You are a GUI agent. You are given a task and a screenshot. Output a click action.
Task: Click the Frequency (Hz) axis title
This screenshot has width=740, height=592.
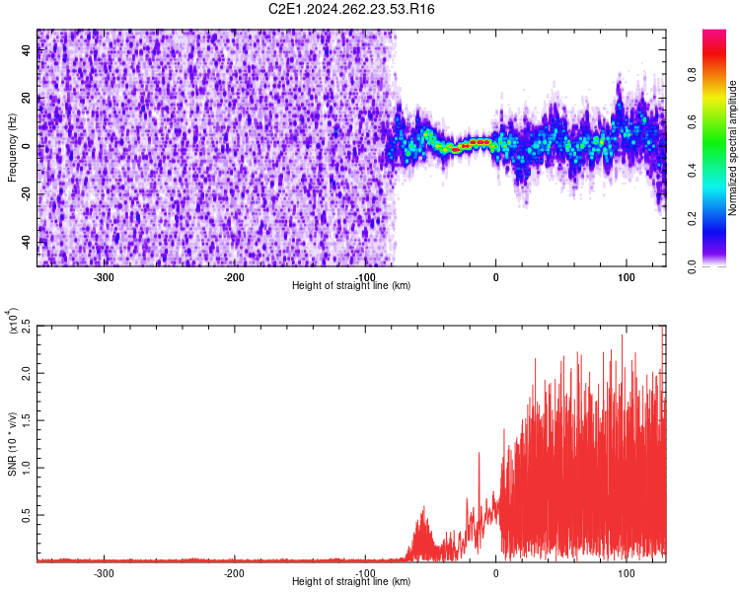12,147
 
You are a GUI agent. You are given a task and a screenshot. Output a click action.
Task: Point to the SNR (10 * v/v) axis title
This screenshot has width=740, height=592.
12,441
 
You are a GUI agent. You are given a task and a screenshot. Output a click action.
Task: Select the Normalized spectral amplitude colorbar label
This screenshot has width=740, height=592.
733,148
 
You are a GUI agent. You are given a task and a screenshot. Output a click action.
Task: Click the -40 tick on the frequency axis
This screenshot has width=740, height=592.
24,242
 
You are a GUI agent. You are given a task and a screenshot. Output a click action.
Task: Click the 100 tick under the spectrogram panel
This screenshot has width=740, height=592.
626,277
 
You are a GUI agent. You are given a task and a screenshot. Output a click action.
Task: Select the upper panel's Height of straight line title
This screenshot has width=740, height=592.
351,286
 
